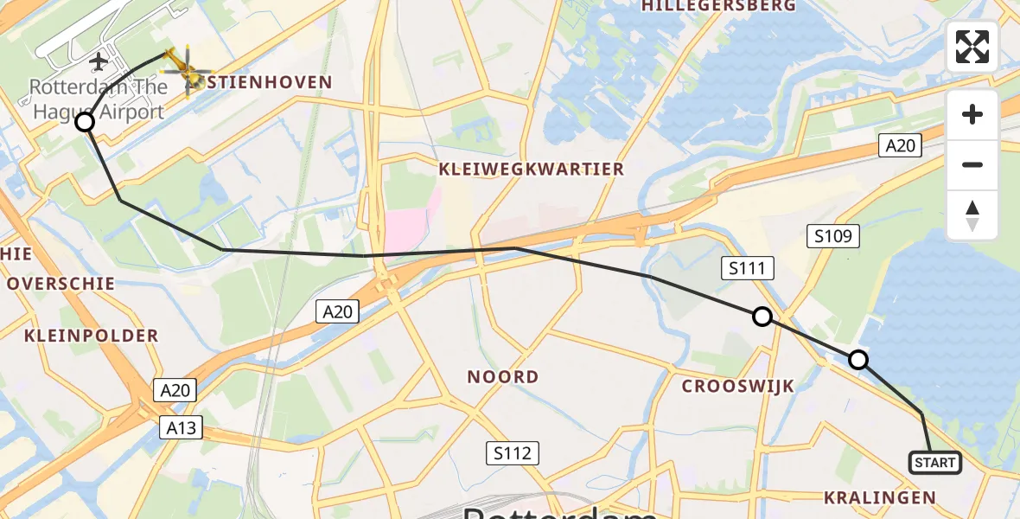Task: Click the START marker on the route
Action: (x=935, y=463)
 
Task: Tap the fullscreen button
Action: (x=972, y=47)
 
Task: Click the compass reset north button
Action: (x=972, y=215)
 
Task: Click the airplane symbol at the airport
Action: (x=99, y=61)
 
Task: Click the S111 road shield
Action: (x=747, y=269)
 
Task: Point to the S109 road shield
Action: (x=834, y=235)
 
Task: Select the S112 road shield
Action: (x=512, y=452)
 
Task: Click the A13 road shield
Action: (x=181, y=426)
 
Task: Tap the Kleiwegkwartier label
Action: (x=532, y=170)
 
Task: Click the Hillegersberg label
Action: (x=719, y=6)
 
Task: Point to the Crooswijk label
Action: (x=737, y=387)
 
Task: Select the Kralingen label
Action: (x=880, y=497)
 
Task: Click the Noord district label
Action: (x=502, y=377)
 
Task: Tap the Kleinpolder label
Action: (x=92, y=336)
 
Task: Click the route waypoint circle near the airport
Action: (x=85, y=122)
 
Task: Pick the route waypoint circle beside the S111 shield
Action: (x=762, y=317)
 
